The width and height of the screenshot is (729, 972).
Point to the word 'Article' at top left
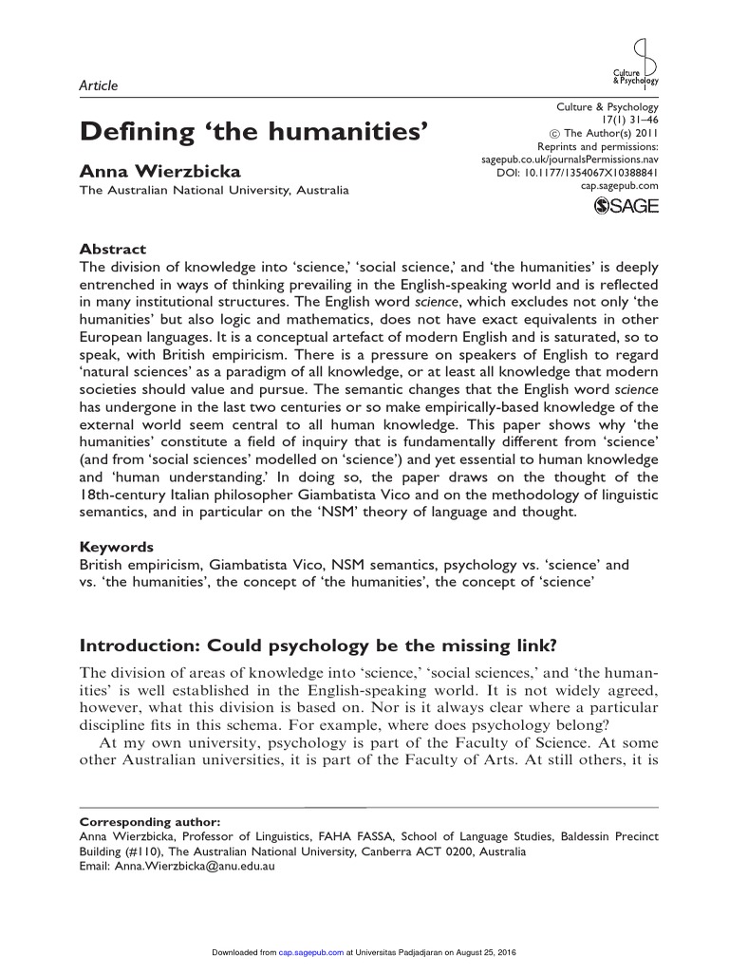tap(98, 85)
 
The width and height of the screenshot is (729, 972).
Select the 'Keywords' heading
tap(116, 548)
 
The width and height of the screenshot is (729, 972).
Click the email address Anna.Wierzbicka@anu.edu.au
tap(176, 867)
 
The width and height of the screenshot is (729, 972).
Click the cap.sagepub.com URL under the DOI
tap(619, 186)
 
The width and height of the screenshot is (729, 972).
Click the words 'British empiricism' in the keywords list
tap(139, 564)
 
